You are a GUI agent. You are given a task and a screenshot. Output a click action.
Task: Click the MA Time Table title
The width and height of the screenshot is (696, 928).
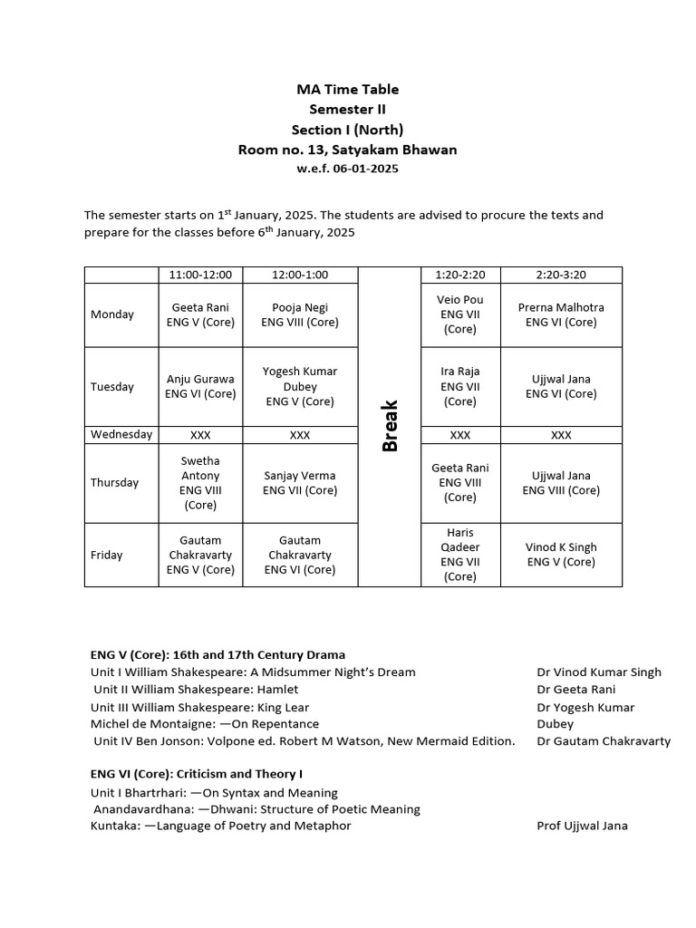click(x=347, y=89)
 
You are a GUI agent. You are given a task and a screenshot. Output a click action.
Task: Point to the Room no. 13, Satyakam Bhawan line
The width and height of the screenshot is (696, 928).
click(x=347, y=149)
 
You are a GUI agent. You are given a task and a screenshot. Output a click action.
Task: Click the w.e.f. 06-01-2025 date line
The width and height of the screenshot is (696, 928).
click(x=347, y=169)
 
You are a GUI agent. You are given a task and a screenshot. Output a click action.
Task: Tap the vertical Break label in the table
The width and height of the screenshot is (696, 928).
click(x=390, y=426)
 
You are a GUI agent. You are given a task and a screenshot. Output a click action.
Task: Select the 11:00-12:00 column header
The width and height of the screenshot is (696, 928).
click(x=200, y=275)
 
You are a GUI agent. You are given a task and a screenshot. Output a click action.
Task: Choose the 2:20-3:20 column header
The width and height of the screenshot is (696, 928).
click(x=561, y=275)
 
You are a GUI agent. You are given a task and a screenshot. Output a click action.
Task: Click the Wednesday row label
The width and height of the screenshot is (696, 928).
click(x=121, y=434)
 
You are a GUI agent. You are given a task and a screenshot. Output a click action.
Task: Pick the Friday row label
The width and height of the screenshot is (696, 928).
click(x=106, y=555)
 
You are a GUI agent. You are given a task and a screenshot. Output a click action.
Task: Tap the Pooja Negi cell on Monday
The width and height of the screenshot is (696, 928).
click(x=300, y=314)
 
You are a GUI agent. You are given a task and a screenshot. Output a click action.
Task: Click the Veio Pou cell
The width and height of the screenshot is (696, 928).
click(x=460, y=314)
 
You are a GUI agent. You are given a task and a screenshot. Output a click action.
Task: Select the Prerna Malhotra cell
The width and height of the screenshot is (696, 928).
click(x=561, y=314)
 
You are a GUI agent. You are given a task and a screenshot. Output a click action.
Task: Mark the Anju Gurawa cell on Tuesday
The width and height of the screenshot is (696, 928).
click(x=200, y=386)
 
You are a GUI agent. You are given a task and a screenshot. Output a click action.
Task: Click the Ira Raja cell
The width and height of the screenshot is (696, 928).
click(x=460, y=386)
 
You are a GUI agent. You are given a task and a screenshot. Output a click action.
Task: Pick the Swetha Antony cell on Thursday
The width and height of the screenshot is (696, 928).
click(x=200, y=483)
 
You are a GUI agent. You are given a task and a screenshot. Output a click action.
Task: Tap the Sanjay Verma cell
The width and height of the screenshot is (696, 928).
click(x=300, y=483)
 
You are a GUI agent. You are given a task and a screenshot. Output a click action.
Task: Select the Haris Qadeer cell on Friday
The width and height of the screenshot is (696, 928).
click(x=460, y=555)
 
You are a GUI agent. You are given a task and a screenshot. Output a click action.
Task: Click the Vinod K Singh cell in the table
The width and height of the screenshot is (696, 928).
click(x=561, y=555)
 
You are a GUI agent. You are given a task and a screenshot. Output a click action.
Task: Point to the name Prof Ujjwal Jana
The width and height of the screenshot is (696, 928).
click(x=582, y=826)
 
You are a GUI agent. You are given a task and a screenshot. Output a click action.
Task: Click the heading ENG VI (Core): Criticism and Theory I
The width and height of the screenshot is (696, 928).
click(x=197, y=774)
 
